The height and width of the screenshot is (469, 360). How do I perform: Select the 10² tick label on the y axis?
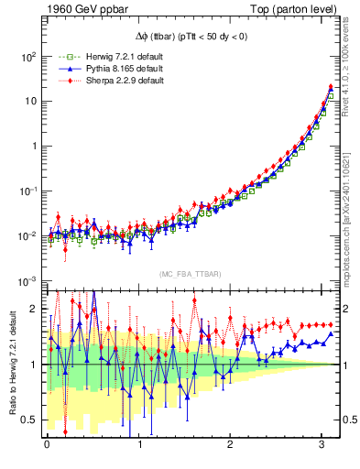click(27, 57)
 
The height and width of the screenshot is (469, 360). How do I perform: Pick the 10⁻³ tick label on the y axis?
click(27, 281)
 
